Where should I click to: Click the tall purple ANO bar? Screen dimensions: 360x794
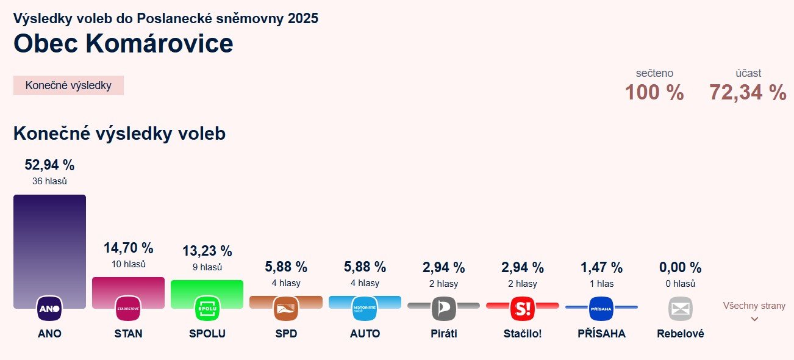[x=49, y=244]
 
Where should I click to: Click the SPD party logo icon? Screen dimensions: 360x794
[x=286, y=309]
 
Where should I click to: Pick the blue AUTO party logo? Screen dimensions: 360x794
[x=365, y=309]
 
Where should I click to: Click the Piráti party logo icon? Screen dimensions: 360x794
[x=443, y=309]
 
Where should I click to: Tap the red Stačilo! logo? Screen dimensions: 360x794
[x=523, y=309]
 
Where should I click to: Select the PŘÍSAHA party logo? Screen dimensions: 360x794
[x=601, y=309]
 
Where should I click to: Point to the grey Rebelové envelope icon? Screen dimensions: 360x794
[x=681, y=309]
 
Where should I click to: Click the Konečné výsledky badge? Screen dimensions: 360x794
[x=68, y=85]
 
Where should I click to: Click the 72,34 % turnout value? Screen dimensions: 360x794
[x=748, y=93]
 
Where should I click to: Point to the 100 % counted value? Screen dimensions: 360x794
[x=654, y=93]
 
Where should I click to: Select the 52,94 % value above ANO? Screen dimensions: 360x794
[x=49, y=165]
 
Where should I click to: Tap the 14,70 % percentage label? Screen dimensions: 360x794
[x=128, y=248]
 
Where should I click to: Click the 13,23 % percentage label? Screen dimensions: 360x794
[x=207, y=251]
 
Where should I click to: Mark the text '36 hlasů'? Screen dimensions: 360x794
[x=49, y=181]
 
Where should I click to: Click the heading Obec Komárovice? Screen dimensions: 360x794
[x=123, y=44]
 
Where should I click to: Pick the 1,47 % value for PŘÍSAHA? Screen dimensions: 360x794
[x=601, y=267]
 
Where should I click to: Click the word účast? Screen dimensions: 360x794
[x=748, y=73]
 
